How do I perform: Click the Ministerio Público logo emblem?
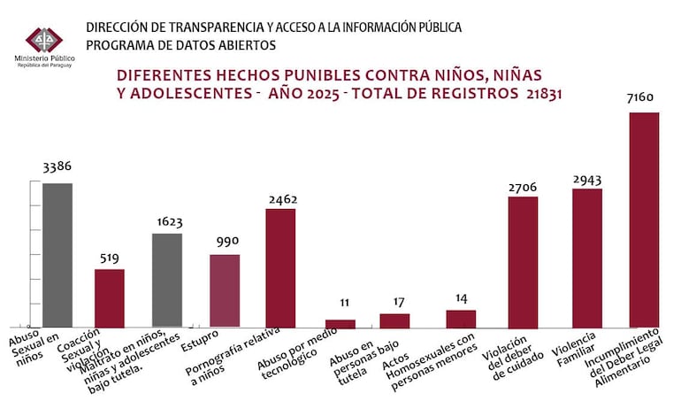[x=44, y=40]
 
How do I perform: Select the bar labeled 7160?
[x=644, y=220]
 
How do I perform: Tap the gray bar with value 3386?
[x=57, y=255]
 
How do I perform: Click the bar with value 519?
[x=110, y=297]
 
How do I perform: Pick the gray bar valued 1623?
[x=167, y=280]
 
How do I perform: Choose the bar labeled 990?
[x=225, y=290]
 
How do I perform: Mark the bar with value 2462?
[x=280, y=267]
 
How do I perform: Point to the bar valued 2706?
[x=523, y=261]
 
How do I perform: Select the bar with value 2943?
[x=587, y=258]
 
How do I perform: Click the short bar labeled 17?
[x=394, y=320]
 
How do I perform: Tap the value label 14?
[x=461, y=298]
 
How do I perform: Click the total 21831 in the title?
[x=540, y=91]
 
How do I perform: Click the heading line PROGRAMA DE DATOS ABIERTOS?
[x=180, y=45]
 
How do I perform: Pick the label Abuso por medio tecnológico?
[x=287, y=359]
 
